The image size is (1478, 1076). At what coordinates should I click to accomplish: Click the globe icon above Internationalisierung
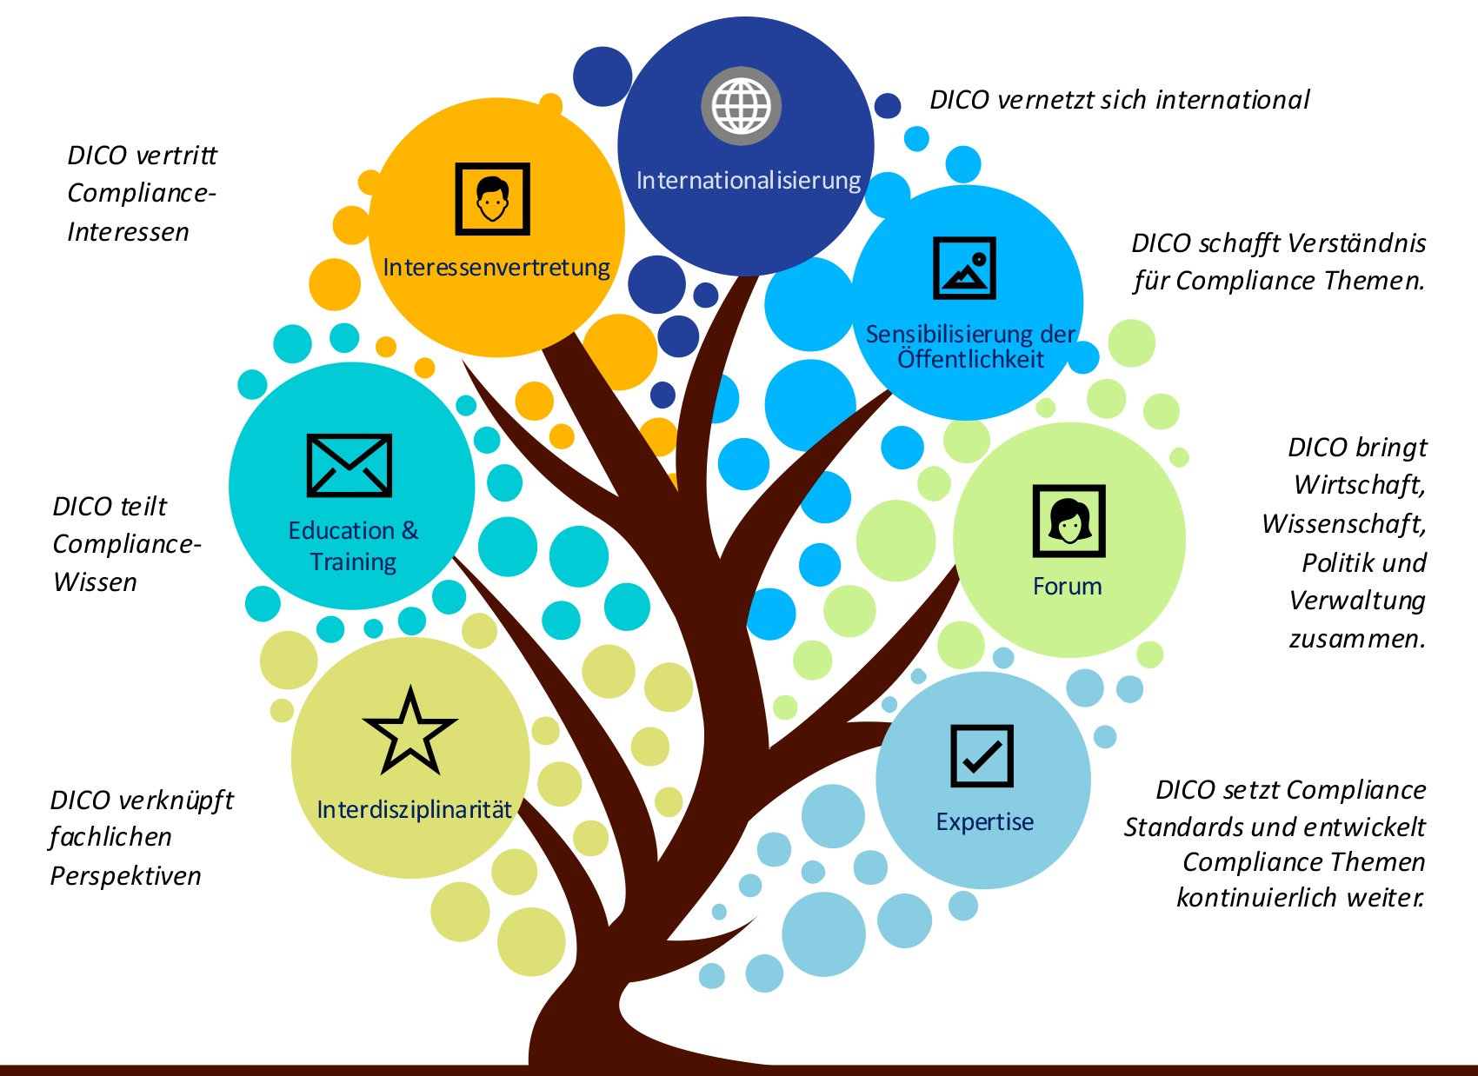(x=742, y=106)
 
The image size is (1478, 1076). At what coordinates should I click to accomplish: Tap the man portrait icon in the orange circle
(x=493, y=199)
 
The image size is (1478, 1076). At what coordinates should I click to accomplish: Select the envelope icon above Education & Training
(x=350, y=465)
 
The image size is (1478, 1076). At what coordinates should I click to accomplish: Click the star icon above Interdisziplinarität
(x=409, y=733)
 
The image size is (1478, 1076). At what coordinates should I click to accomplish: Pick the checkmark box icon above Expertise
(x=982, y=755)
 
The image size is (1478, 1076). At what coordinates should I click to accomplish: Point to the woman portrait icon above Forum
(x=1069, y=521)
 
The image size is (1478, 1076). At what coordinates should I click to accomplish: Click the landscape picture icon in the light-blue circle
(x=964, y=268)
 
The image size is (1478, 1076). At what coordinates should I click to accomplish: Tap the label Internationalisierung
(x=749, y=181)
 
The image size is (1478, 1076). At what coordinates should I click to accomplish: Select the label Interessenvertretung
(x=496, y=268)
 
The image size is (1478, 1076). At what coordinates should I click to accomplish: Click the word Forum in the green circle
(x=1067, y=587)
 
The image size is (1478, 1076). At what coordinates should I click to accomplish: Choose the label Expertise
(x=985, y=822)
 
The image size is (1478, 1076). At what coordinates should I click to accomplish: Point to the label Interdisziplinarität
(x=414, y=810)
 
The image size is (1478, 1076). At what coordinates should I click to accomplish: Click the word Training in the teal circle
(x=353, y=562)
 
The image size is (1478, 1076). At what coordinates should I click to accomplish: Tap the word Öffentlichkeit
(x=970, y=359)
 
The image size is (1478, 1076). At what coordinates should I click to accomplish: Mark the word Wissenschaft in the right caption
(x=1343, y=524)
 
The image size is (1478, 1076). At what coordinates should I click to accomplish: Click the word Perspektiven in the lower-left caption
(x=125, y=876)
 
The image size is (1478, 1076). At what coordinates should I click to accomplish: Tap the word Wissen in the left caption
(x=95, y=582)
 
